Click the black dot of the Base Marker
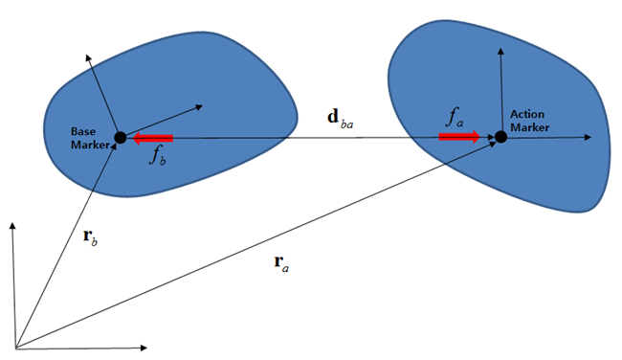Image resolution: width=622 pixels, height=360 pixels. coord(120,138)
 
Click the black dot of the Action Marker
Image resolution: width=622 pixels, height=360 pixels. coord(500,137)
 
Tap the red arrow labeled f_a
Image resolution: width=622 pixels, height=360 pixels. coord(459,137)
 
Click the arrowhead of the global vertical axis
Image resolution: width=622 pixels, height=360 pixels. coord(12,227)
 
